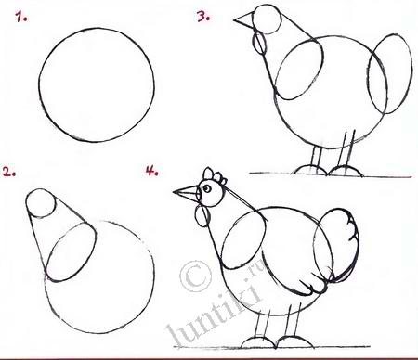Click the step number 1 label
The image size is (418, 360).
click(x=21, y=17)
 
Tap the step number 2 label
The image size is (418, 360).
click(x=9, y=172)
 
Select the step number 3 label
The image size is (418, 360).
click(x=203, y=16)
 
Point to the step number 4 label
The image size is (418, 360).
click(x=152, y=170)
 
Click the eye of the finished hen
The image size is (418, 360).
click(x=207, y=188)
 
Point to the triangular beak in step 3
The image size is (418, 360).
click(x=245, y=20)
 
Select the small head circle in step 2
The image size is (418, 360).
click(x=41, y=203)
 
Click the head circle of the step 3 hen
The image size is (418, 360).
click(x=267, y=19)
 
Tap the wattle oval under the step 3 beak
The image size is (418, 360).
click(x=259, y=44)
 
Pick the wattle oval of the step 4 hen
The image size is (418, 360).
click(x=202, y=216)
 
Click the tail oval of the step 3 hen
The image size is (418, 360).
click(x=390, y=74)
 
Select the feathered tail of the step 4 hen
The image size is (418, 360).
click(x=337, y=245)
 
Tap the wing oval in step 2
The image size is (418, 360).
click(x=72, y=252)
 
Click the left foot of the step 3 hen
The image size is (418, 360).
click(x=310, y=171)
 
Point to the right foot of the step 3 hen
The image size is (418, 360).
click(x=345, y=172)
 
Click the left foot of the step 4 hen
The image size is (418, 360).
click(x=258, y=342)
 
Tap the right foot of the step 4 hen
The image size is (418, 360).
click(x=295, y=341)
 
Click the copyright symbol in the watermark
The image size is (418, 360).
click(x=195, y=276)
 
